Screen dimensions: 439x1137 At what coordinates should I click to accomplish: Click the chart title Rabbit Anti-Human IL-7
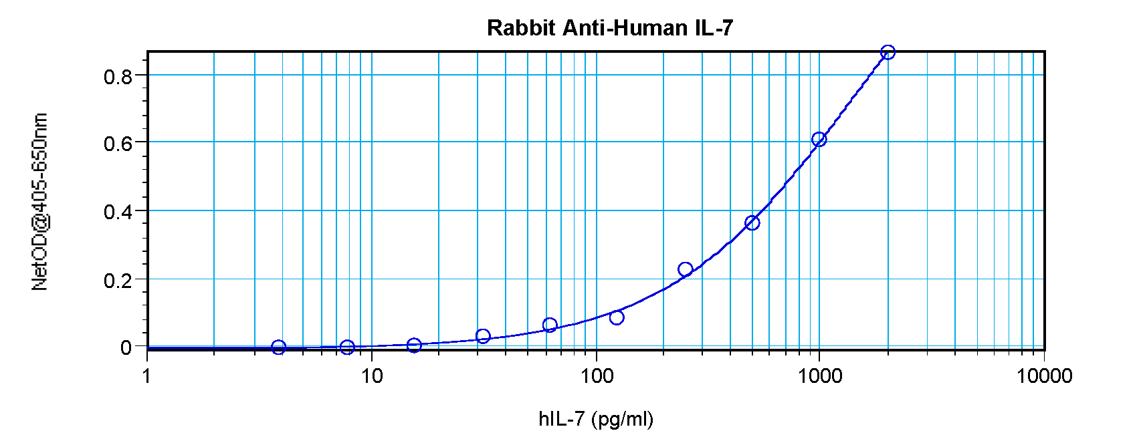point(610,28)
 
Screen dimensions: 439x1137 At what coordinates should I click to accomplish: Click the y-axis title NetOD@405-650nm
point(40,202)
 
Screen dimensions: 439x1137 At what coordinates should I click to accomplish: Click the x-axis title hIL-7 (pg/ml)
point(596,419)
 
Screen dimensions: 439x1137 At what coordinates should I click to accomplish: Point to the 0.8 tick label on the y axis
point(118,77)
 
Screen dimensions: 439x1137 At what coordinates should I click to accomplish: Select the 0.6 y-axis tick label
point(118,144)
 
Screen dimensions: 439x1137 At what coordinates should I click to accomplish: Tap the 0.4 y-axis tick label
point(118,212)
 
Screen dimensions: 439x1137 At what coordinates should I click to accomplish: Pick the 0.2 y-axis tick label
point(118,281)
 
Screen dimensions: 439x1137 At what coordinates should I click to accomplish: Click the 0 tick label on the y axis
point(126,347)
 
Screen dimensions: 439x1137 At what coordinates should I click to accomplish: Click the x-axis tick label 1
point(147,376)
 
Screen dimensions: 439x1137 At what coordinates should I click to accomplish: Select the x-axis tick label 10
point(372,376)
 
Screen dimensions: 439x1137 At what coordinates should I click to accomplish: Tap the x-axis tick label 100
point(597,376)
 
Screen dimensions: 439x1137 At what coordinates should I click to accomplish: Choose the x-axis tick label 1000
point(820,376)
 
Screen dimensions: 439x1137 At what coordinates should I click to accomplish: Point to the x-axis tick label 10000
point(1045,376)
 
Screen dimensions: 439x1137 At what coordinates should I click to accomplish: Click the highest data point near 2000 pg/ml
point(888,52)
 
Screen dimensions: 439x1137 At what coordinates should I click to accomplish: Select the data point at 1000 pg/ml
point(819,139)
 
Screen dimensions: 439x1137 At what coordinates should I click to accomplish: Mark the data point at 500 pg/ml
point(752,223)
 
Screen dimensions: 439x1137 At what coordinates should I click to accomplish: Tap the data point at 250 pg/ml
point(685,269)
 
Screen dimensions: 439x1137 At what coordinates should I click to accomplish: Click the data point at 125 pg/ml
point(617,317)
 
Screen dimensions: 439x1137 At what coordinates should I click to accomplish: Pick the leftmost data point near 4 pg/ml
point(279,347)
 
